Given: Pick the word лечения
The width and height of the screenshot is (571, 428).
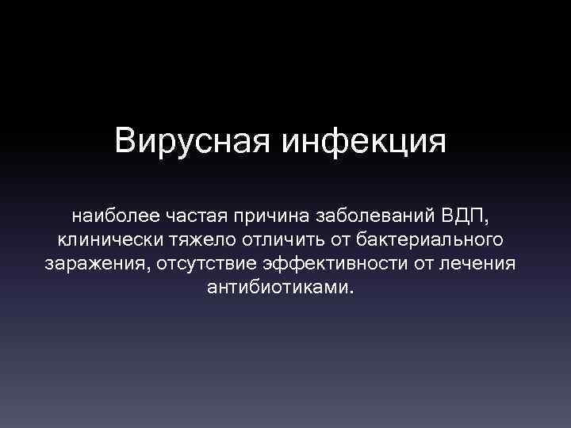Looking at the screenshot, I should tap(477, 262).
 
